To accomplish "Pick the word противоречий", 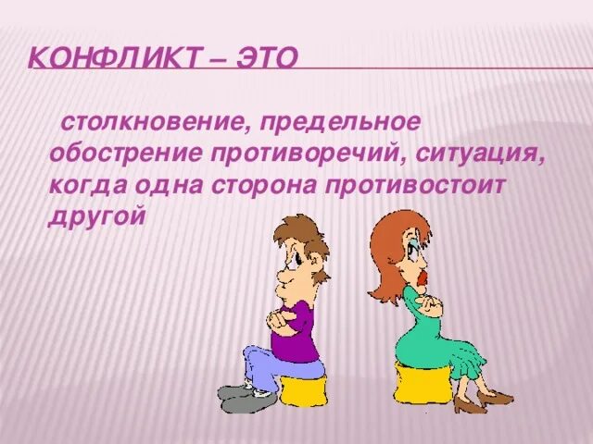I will [309, 153].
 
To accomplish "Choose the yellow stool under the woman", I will [423, 385].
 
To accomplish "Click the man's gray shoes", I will [245, 399].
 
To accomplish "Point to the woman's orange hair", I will [385, 250].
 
